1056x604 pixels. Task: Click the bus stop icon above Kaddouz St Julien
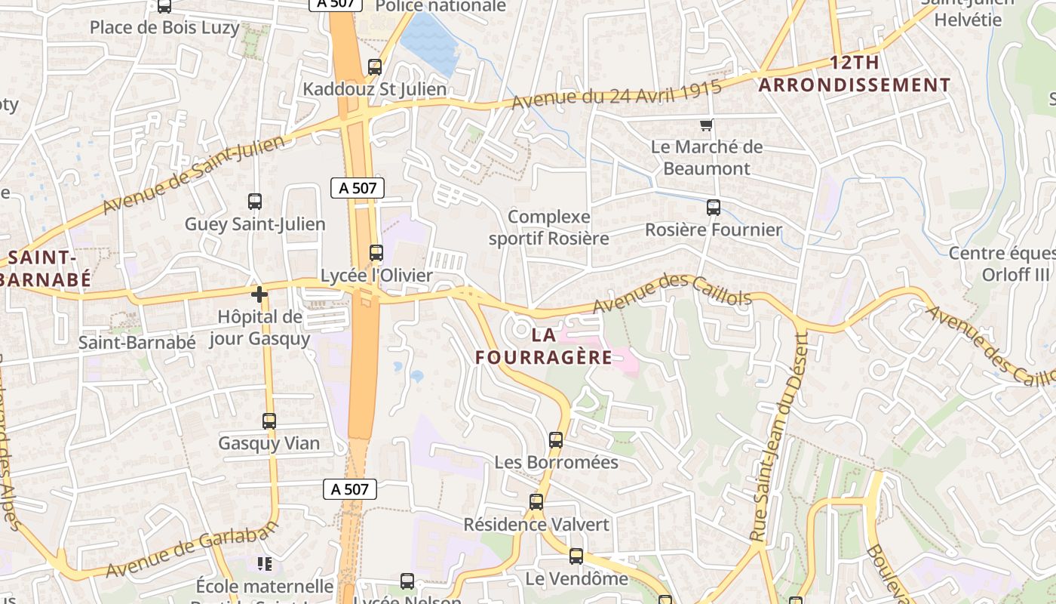click(375, 67)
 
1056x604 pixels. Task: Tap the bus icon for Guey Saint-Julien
click(255, 202)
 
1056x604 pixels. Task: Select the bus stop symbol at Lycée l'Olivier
click(376, 253)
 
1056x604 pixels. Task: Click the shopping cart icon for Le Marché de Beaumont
click(706, 125)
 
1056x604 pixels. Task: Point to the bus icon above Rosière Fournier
click(713, 208)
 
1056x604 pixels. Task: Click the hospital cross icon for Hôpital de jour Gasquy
click(259, 294)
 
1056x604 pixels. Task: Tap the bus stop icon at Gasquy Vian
click(269, 421)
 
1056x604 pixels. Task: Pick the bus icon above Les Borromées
click(556, 439)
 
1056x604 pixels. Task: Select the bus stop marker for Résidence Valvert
click(536, 502)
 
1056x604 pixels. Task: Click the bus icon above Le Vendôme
click(576, 556)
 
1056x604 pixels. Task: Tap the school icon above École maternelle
click(264, 563)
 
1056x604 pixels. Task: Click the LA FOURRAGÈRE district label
click(544, 346)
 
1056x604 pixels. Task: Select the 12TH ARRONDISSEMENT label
click(855, 74)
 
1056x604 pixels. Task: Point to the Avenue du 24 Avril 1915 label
click(616, 94)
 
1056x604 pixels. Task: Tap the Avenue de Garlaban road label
click(189, 546)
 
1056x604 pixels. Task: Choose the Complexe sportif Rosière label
click(549, 227)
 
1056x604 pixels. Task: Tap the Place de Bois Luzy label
click(164, 28)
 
